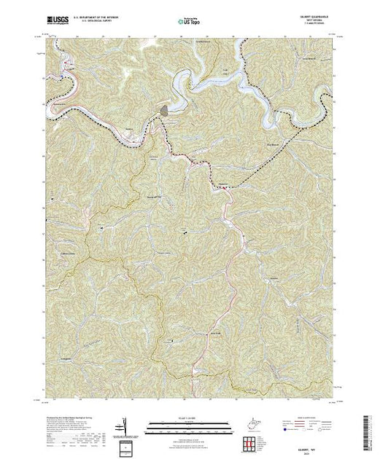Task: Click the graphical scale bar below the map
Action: pos(182,423)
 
